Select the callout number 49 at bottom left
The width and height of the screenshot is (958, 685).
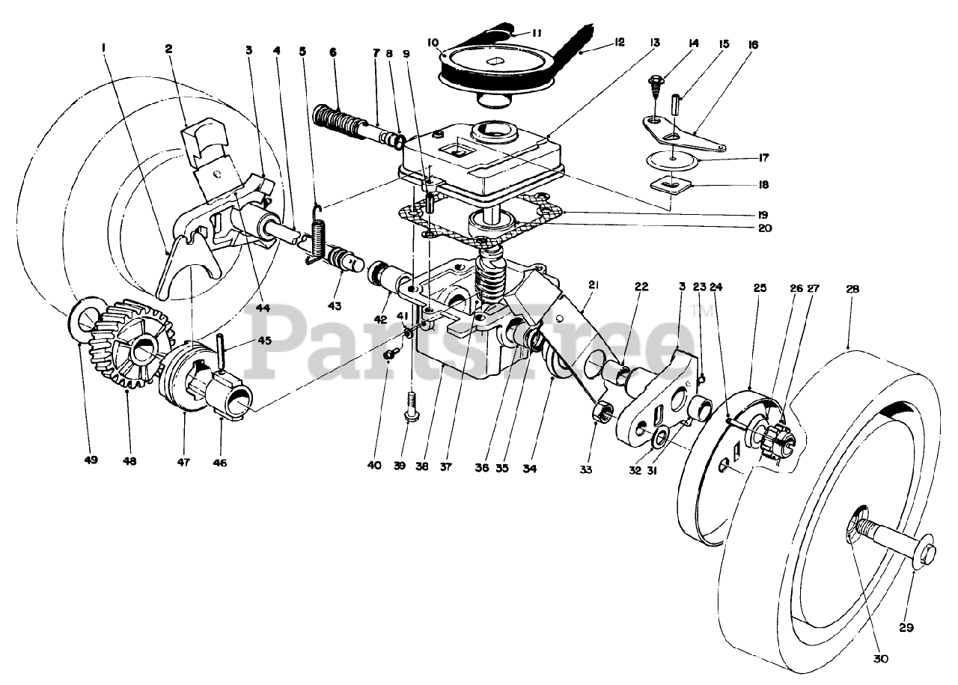pos(91,461)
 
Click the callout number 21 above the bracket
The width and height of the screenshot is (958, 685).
pos(594,284)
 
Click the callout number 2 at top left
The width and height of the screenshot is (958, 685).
pos(168,49)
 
